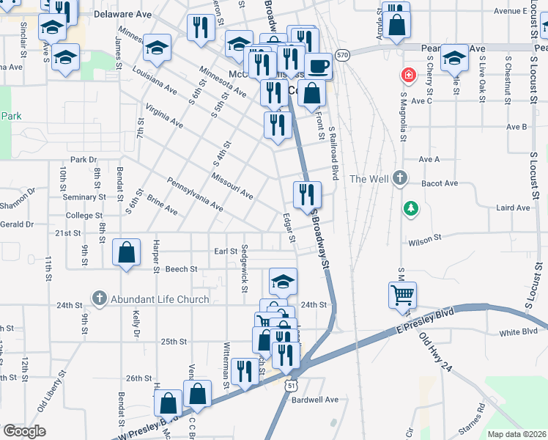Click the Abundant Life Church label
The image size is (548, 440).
[159, 299]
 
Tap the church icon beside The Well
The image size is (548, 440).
[399, 178]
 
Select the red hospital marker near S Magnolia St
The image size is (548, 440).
[405, 76]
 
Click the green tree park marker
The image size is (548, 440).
[412, 208]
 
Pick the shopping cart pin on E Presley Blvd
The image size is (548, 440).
[402, 295]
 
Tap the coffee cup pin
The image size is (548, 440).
[318, 67]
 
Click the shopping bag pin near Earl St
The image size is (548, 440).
[127, 252]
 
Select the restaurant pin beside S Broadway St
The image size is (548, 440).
[307, 194]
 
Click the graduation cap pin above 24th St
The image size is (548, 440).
[283, 281]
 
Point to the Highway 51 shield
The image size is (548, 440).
[292, 384]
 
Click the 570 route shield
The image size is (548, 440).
[342, 54]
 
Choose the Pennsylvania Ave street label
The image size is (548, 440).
[195, 194]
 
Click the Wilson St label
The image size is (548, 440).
[425, 238]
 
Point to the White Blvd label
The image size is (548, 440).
[519, 332]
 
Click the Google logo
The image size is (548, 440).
[24, 431]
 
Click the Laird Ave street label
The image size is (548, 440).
[513, 208]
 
